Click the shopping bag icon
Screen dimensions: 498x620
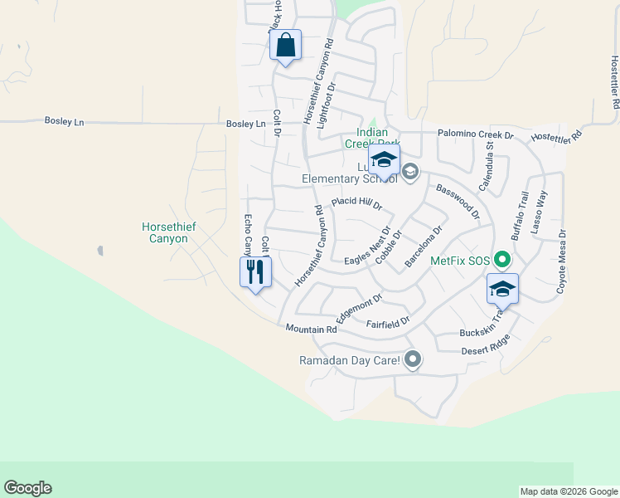click(x=285, y=45)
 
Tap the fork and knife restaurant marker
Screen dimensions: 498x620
click(x=254, y=271)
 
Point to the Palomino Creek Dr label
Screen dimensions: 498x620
click(x=476, y=134)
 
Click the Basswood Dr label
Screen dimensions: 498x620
click(x=458, y=202)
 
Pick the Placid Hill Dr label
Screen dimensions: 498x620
click(x=356, y=203)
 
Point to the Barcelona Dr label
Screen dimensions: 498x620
click(x=424, y=246)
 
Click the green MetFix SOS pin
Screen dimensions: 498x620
click(x=501, y=260)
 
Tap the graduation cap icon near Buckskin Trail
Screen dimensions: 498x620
click(x=502, y=289)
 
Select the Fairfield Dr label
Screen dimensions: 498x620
click(x=389, y=320)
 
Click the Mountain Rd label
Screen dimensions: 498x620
click(x=311, y=330)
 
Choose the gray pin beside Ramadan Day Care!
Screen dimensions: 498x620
click(x=413, y=359)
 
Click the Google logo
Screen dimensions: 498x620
click(x=27, y=488)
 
